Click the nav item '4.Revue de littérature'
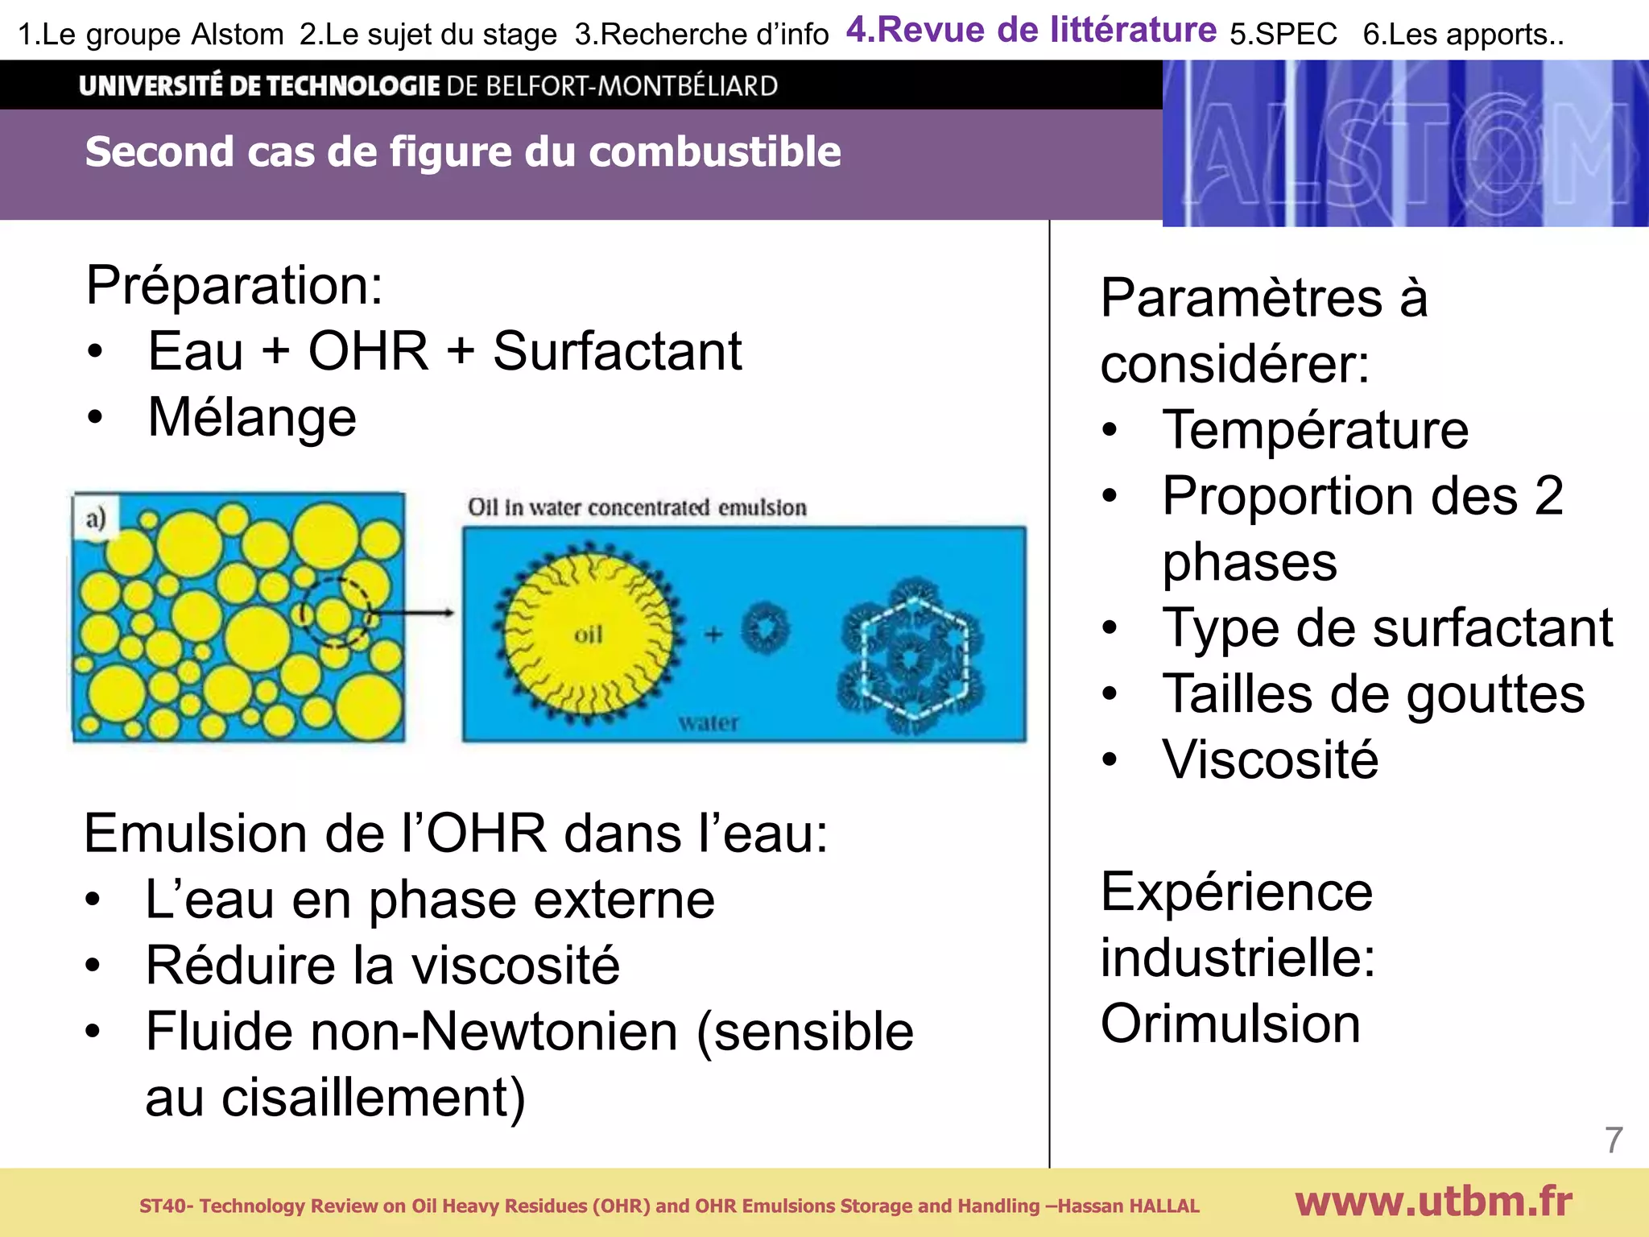tap(1031, 31)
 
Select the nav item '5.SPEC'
tap(1283, 35)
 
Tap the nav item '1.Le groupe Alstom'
tap(151, 35)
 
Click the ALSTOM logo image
tap(1405, 144)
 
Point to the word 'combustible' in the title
tap(714, 151)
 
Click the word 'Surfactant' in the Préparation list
tap(617, 351)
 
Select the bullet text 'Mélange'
tap(252, 417)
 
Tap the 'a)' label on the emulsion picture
tap(96, 518)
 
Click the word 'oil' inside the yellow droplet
tap(588, 635)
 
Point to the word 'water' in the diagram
tap(709, 722)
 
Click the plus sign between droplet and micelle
tap(713, 635)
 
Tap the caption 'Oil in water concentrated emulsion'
tap(637, 507)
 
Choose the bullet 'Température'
tap(1315, 429)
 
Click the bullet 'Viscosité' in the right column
tap(1270, 759)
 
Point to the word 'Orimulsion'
tap(1230, 1024)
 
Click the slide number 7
tap(1613, 1140)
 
